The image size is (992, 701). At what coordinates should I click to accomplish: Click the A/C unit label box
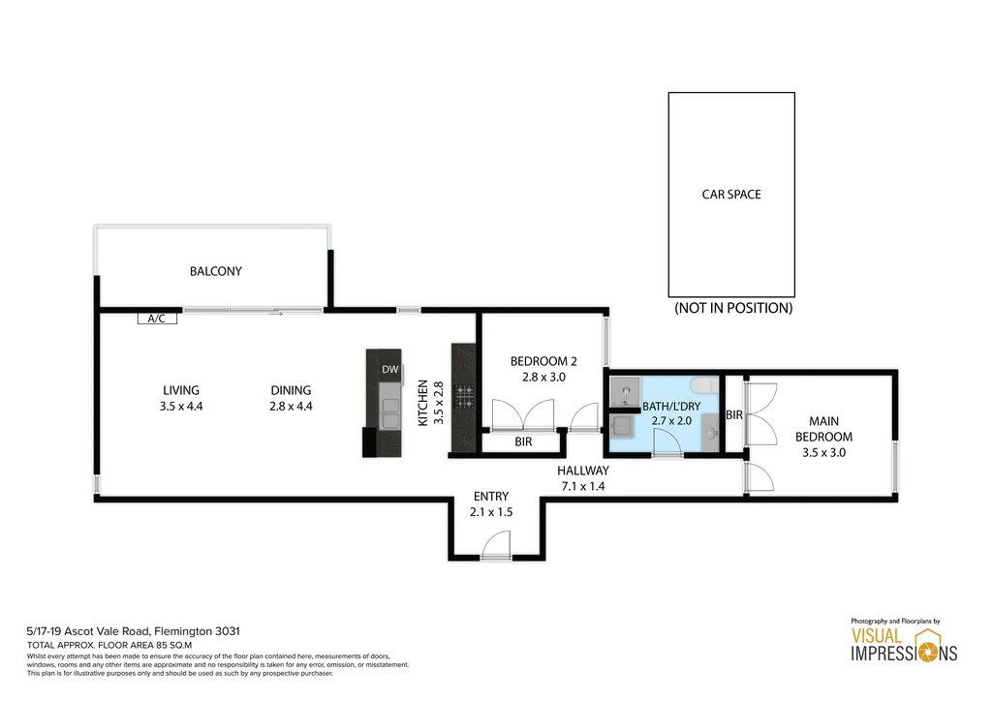point(157,319)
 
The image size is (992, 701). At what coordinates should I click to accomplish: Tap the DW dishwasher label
point(389,369)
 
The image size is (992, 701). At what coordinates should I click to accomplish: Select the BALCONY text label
point(216,272)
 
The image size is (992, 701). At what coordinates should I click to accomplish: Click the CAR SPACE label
point(731,195)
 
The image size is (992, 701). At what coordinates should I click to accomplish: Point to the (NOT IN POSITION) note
point(733,309)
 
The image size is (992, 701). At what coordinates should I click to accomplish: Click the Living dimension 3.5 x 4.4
point(181,407)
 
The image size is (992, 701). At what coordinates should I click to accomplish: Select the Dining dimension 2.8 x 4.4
point(291,407)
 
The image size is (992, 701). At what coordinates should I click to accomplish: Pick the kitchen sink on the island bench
point(388,411)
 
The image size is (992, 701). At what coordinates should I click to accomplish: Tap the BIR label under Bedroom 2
point(523,442)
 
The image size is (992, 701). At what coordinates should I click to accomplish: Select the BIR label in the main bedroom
point(734,414)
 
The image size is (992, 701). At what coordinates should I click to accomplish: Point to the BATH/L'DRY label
point(671,407)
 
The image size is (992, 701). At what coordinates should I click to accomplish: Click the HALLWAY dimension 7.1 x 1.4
point(582,486)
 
